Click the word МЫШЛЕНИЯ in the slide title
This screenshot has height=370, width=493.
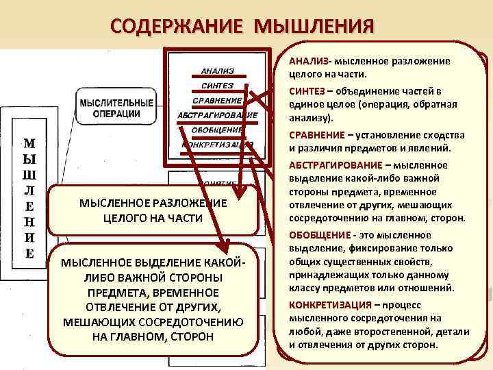point(314,27)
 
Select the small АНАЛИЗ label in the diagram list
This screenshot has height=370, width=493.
point(217,71)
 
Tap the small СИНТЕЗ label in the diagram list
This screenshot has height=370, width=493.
point(217,86)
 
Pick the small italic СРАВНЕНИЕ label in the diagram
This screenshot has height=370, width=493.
point(217,100)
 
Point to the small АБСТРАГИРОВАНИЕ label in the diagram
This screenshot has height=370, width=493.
point(217,115)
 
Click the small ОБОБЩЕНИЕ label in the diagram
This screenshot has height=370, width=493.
point(217,129)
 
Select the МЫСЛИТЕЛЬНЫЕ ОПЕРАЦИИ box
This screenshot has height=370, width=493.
point(116,108)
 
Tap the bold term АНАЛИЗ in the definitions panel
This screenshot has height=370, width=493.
point(306,61)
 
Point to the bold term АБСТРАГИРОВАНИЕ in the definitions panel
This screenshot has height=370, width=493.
point(335,165)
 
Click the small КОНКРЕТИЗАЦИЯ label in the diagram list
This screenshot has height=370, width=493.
point(217,145)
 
